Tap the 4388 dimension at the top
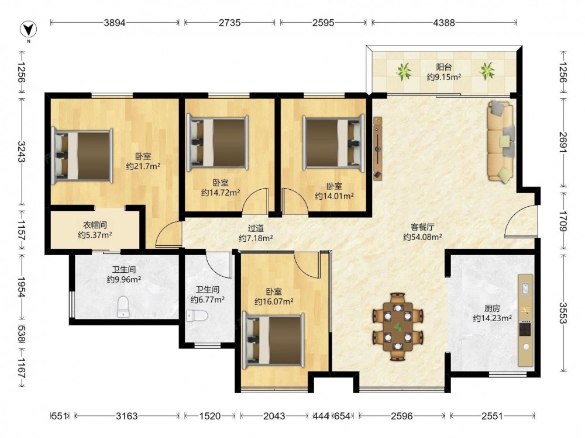click(x=444, y=23)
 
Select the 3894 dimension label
click(x=115, y=23)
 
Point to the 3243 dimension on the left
click(x=21, y=151)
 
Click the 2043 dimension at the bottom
click(x=274, y=416)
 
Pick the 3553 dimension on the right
click(x=563, y=313)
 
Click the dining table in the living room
click(x=398, y=327)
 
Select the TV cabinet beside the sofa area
click(x=378, y=148)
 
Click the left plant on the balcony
click(x=403, y=71)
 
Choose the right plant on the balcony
click(x=487, y=71)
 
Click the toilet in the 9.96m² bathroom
click(x=123, y=307)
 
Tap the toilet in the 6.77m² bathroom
click(x=197, y=316)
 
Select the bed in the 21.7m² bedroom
click(x=82, y=156)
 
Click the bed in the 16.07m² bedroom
click(x=273, y=340)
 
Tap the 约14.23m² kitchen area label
click(x=492, y=318)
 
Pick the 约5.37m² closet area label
click(x=95, y=235)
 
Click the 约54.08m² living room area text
click(x=423, y=237)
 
